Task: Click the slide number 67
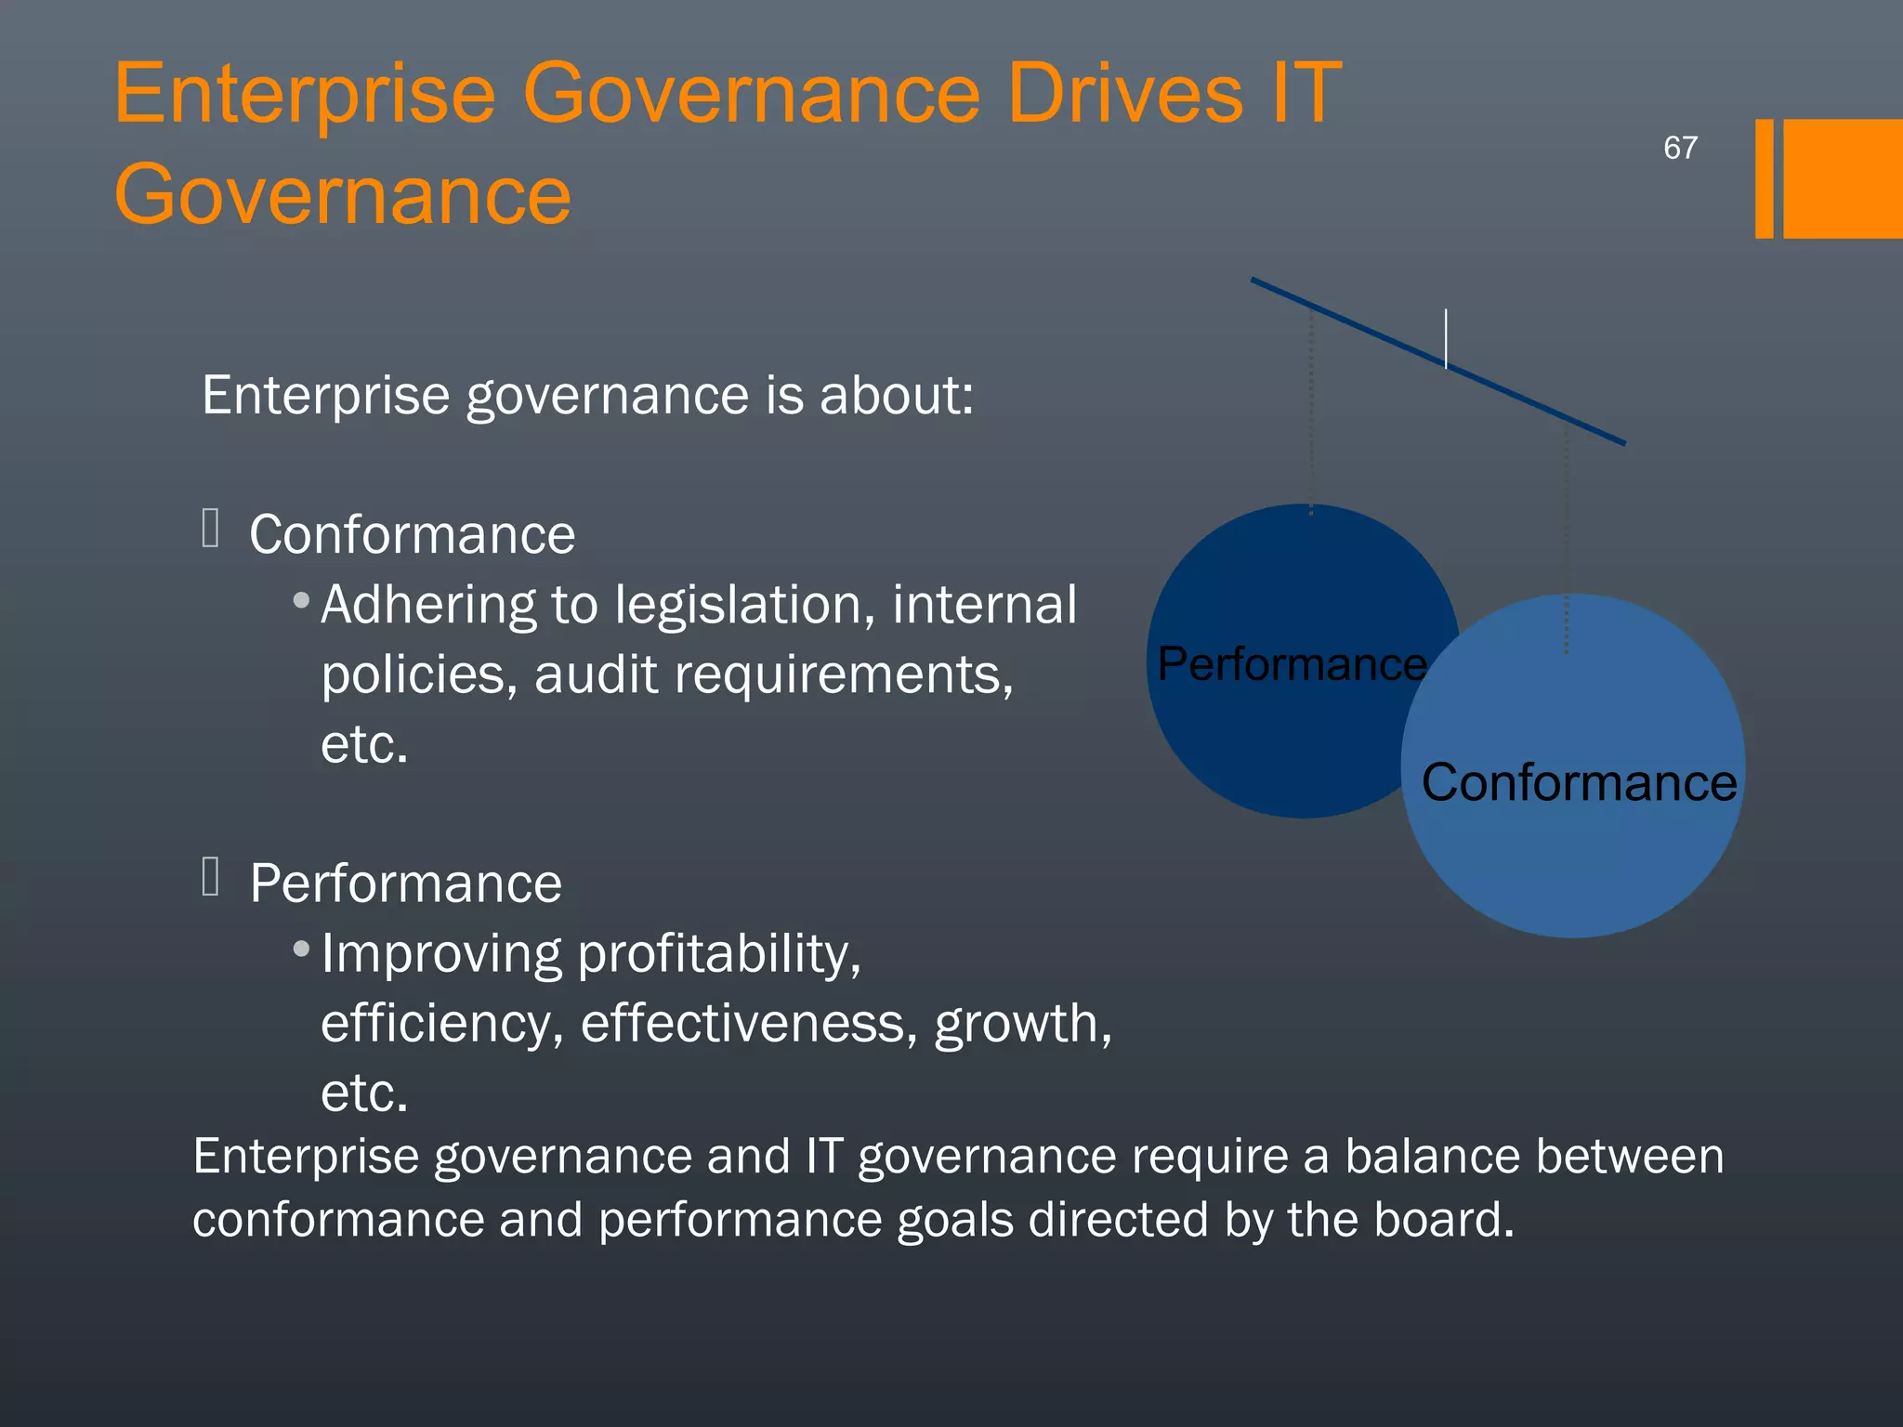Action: click(x=1680, y=148)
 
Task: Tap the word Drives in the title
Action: click(x=1125, y=93)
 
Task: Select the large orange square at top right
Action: click(x=1843, y=178)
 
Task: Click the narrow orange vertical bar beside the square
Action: click(x=1764, y=178)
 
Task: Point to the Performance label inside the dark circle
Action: click(x=1292, y=664)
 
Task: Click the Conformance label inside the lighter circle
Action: click(x=1579, y=782)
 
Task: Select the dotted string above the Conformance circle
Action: click(x=1567, y=539)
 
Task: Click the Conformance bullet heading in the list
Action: click(x=412, y=535)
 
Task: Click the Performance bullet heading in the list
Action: click(x=405, y=884)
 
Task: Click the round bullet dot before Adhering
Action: click(x=301, y=601)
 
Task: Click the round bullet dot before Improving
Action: click(x=301, y=949)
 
